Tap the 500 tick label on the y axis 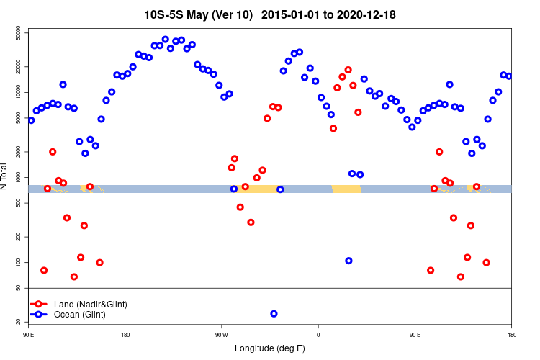tap(18, 203)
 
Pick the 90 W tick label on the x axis tap(221, 335)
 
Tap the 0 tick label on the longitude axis tap(318, 335)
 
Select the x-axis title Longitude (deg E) tap(270, 348)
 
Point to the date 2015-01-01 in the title tap(287, 14)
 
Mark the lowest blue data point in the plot tap(274, 314)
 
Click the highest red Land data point tap(348, 70)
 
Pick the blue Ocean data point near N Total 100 tap(348, 261)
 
